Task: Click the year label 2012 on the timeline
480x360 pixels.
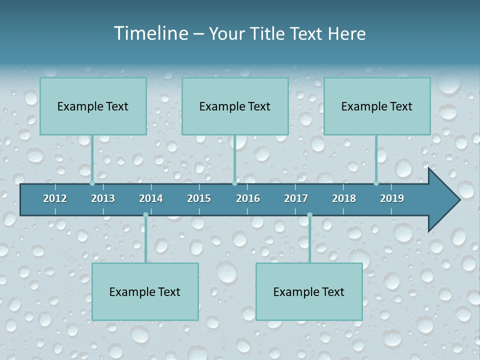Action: (x=55, y=198)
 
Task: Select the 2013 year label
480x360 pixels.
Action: (x=103, y=198)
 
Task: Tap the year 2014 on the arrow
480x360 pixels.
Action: (x=151, y=198)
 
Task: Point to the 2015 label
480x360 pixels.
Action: (x=199, y=198)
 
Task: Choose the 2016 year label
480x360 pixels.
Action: (x=248, y=198)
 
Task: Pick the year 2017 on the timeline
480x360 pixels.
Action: (x=296, y=198)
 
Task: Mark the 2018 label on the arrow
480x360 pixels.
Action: (x=344, y=198)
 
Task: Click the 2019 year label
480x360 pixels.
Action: (x=392, y=198)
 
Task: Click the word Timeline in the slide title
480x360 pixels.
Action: (x=150, y=33)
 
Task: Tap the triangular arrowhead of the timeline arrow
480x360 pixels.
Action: (x=443, y=200)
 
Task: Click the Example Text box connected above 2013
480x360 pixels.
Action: (x=93, y=106)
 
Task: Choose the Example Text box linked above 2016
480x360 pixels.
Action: (x=235, y=106)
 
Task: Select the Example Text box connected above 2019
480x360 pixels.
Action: (x=377, y=106)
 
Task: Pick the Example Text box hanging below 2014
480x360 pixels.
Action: (x=145, y=291)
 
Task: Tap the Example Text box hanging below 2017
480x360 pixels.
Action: (x=309, y=291)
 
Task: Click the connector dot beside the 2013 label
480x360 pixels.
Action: (x=92, y=183)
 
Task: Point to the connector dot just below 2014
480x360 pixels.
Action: (x=145, y=215)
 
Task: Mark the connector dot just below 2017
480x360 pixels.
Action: (x=309, y=215)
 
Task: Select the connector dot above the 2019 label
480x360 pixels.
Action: (x=376, y=183)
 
